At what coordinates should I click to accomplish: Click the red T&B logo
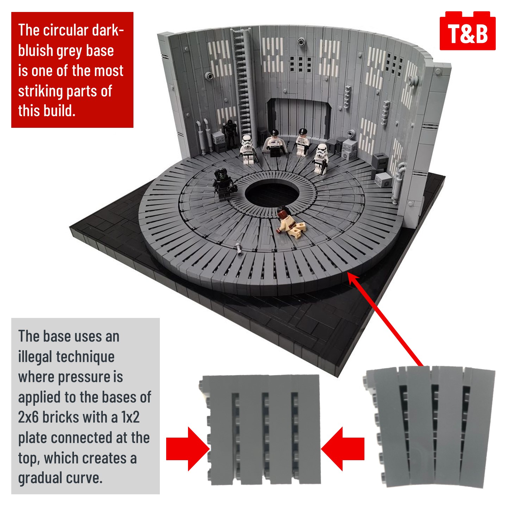point(467,31)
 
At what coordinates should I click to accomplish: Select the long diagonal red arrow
point(385,319)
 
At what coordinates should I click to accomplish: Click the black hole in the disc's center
point(272,193)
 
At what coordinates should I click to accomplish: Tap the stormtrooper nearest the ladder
point(247,150)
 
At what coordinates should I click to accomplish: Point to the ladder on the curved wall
point(243,82)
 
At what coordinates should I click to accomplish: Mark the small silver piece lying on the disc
point(239,249)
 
